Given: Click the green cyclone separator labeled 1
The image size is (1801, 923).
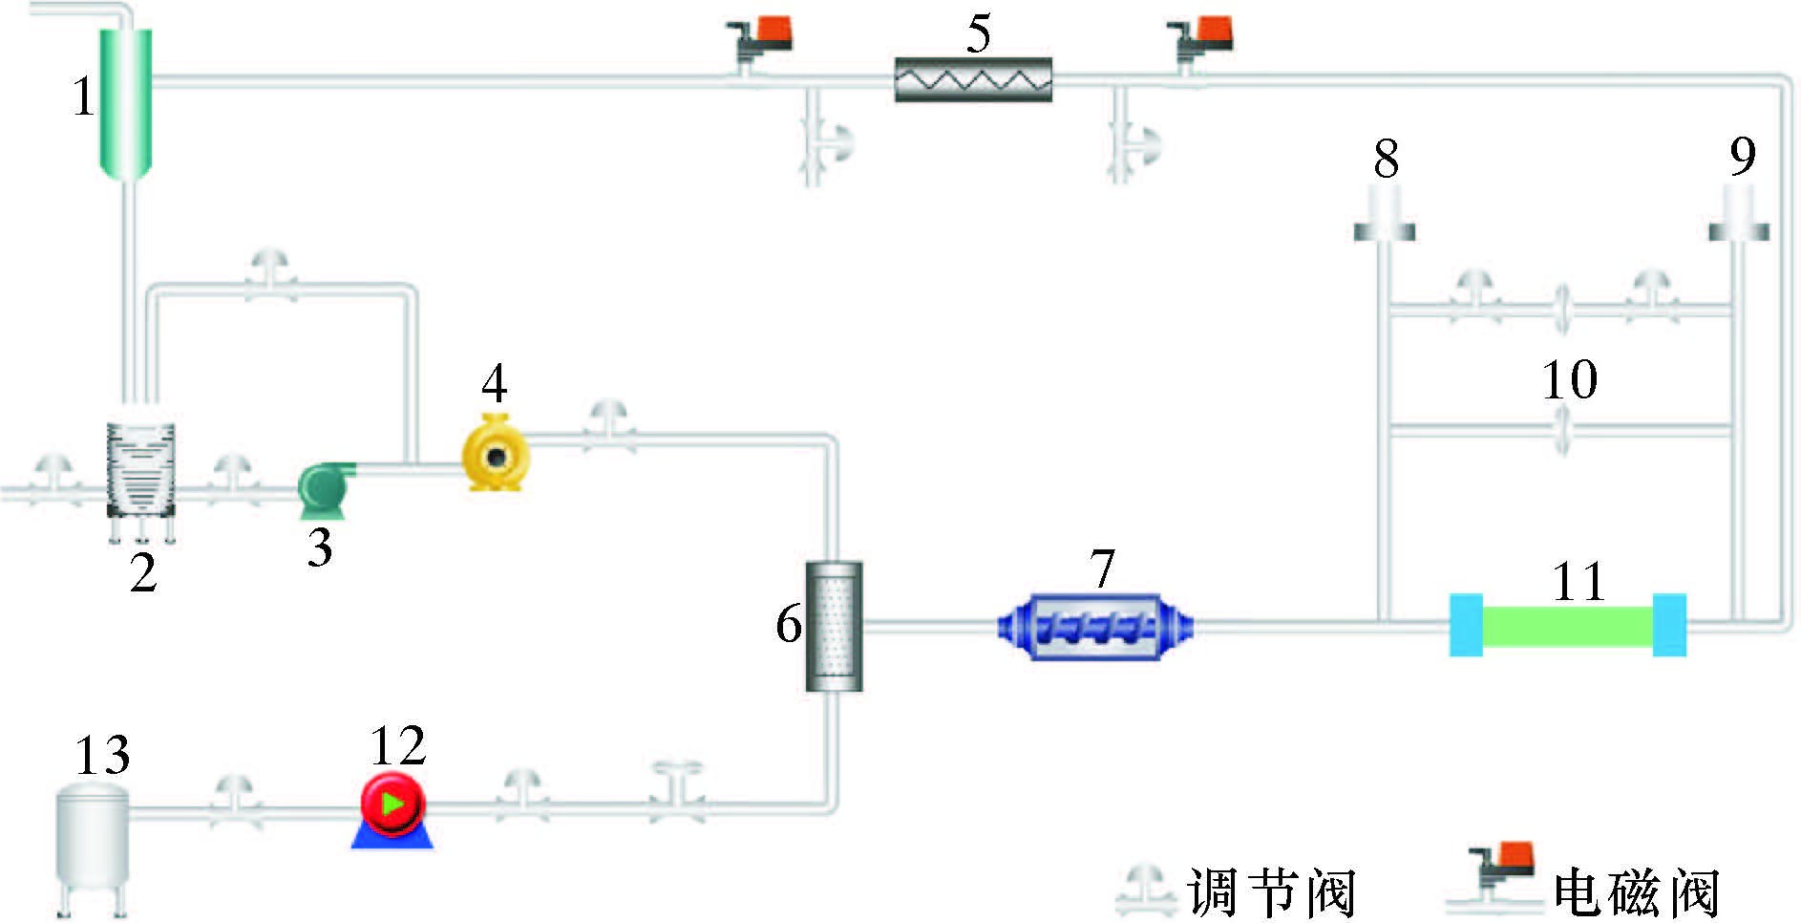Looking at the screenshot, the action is tap(126, 100).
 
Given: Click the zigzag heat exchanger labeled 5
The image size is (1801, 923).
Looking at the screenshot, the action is tap(973, 79).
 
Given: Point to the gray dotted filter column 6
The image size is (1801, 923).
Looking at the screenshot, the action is tap(834, 626).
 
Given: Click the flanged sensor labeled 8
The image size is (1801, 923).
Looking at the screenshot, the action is tap(1385, 215).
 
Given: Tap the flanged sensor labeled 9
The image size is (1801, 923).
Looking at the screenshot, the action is tap(1738, 215).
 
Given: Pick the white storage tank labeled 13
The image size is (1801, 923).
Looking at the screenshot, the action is tap(92, 841).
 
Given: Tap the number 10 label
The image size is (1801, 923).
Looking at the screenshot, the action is tap(1569, 379).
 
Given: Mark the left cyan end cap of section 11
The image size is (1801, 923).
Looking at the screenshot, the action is tap(1466, 625).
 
